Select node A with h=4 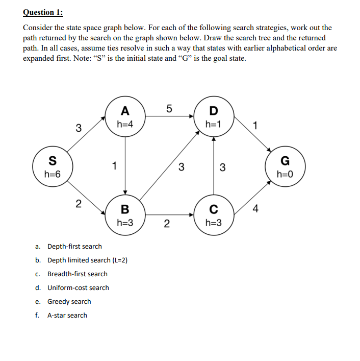(x=125, y=117)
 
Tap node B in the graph (x=125, y=215)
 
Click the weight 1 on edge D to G (x=255, y=125)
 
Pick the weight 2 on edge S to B (x=78, y=204)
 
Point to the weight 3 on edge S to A (x=78, y=128)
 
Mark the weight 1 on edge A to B (x=115, y=165)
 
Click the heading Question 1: (x=47, y=12)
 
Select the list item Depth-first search (x=74, y=246)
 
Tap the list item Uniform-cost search (x=78, y=287)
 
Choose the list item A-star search (x=67, y=315)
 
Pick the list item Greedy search (x=69, y=301)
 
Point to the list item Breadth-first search (x=78, y=274)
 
